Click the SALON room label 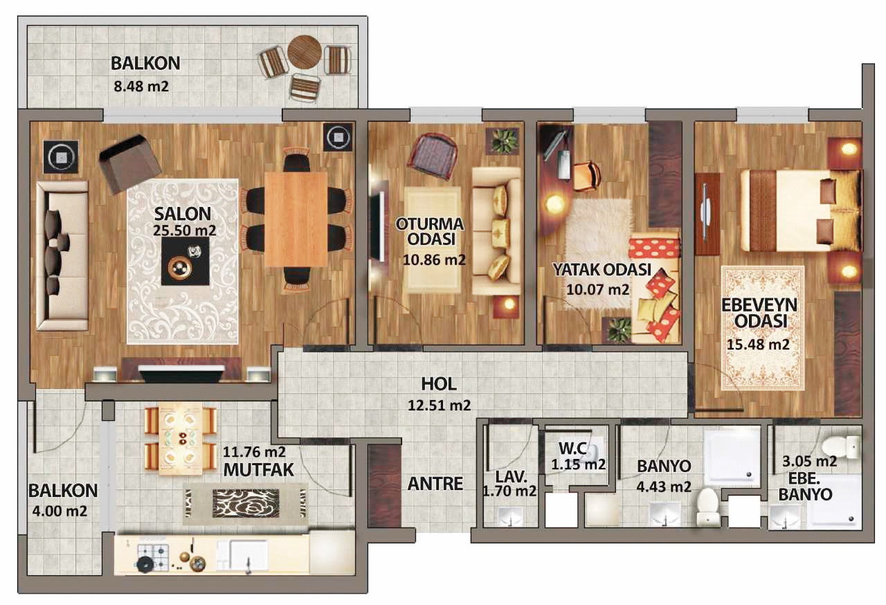pyautogui.click(x=183, y=214)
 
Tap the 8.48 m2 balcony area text pyautogui.click(x=141, y=87)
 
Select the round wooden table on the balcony pyautogui.click(x=304, y=52)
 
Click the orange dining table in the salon pyautogui.click(x=296, y=219)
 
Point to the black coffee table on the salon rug pyautogui.click(x=185, y=260)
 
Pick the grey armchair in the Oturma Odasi pyautogui.click(x=433, y=155)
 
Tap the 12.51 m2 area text pyautogui.click(x=439, y=406)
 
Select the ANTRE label pyautogui.click(x=435, y=484)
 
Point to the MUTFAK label pyautogui.click(x=259, y=470)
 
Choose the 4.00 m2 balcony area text pyautogui.click(x=60, y=512)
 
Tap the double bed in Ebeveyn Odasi pyautogui.click(x=799, y=210)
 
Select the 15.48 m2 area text pyautogui.click(x=758, y=344)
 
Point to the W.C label pyautogui.click(x=573, y=448)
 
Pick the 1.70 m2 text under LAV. pyautogui.click(x=509, y=491)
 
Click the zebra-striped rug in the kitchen pyautogui.click(x=245, y=503)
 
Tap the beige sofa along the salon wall pyautogui.click(x=62, y=256)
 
